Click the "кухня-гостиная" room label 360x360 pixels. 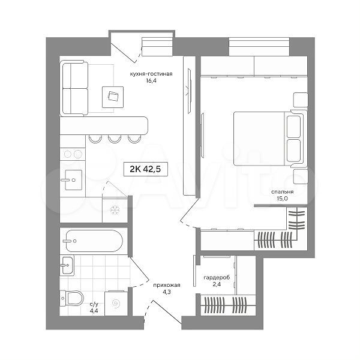coord(151,74)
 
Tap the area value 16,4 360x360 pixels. coord(151,80)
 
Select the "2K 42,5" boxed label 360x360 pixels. coord(145,169)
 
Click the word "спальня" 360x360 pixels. coord(283,192)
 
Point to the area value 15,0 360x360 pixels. coord(283,199)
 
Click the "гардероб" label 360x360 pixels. coord(217,278)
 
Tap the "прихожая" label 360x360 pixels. coord(167,286)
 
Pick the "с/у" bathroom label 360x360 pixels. coord(94,304)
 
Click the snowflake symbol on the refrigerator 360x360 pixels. coord(115,210)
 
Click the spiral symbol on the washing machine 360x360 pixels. coord(116,304)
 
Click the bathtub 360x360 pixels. coord(94,241)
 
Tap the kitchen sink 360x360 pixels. coord(73,180)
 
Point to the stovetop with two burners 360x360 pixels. coord(73,154)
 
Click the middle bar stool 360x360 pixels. coord(115,139)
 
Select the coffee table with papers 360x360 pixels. coord(113,97)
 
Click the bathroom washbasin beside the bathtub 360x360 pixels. coord(67,265)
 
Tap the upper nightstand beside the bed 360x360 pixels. coord(301,100)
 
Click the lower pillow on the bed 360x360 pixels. coord(293,151)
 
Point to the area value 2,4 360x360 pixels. coord(217,284)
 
